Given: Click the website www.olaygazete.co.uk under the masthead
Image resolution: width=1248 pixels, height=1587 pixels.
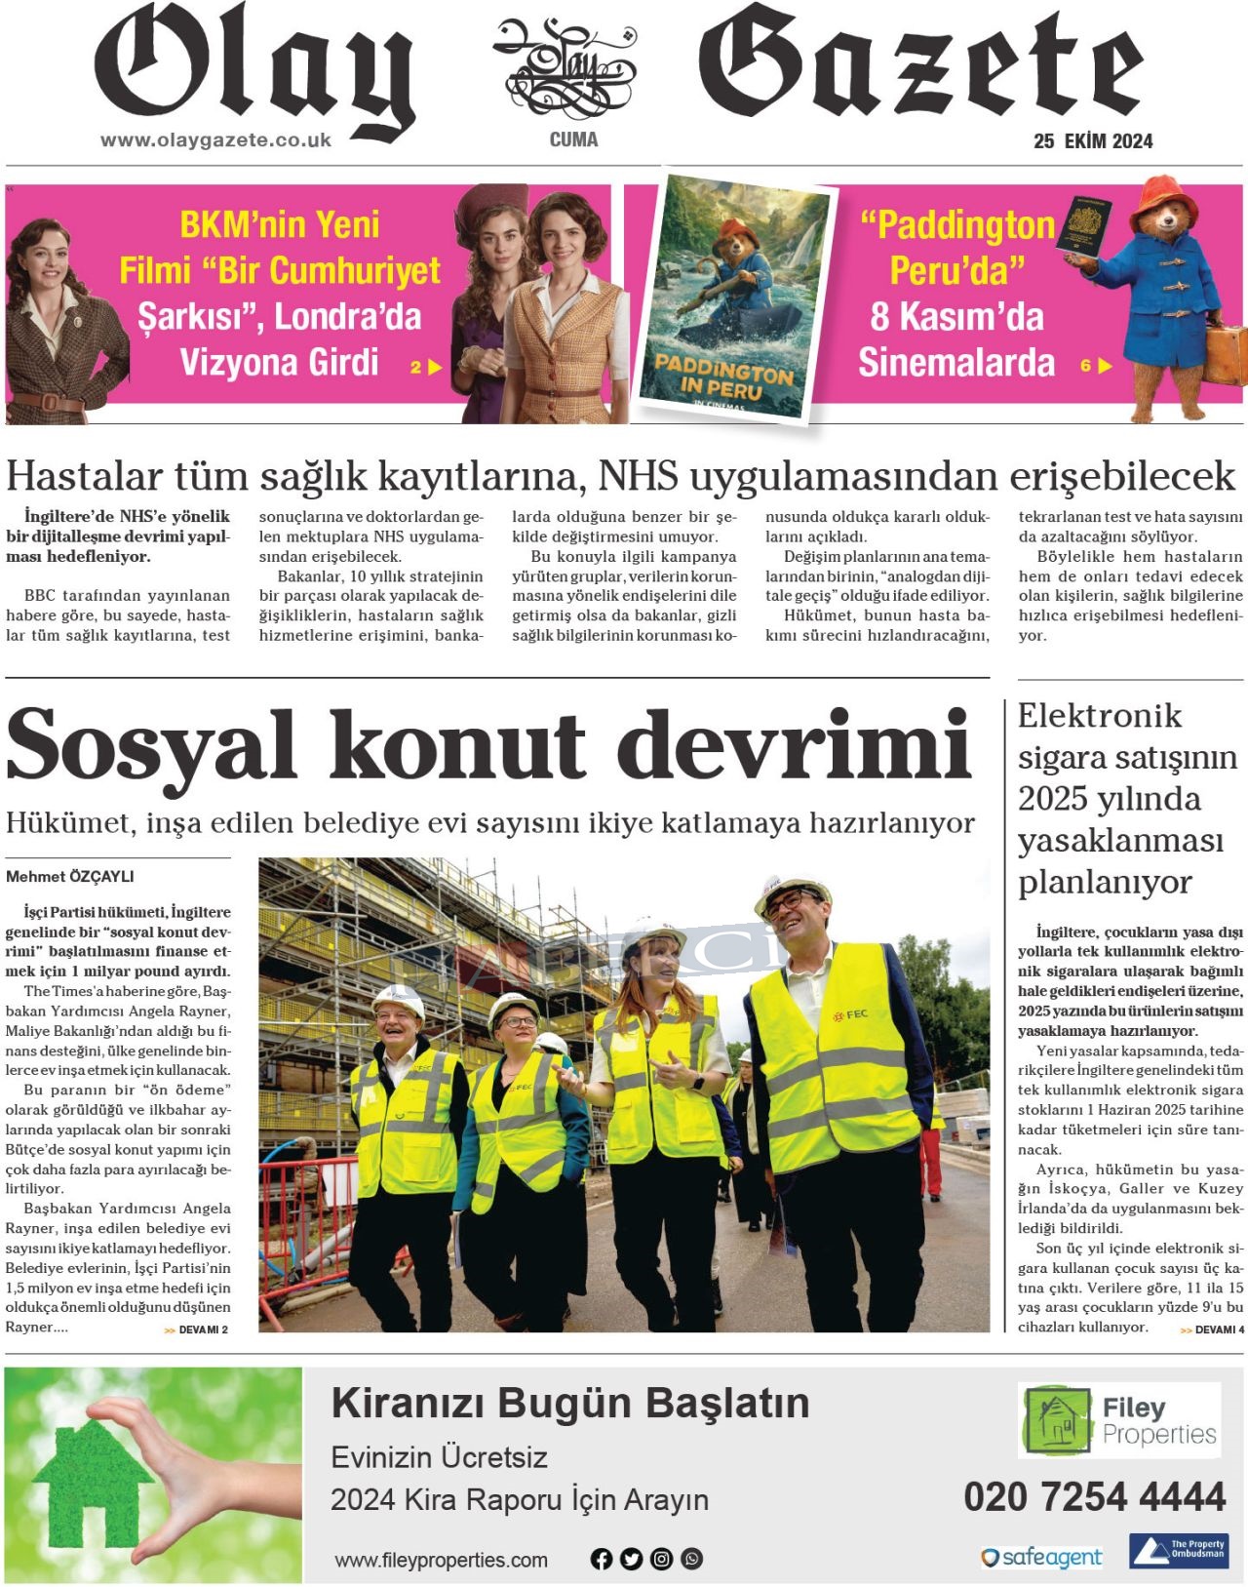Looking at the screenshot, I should point(215,140).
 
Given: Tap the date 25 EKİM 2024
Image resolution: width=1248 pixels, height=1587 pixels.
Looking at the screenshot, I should point(1093,141).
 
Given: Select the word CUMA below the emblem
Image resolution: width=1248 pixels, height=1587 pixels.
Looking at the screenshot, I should point(573,139).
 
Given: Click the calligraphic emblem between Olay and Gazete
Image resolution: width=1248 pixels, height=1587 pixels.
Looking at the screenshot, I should point(566,68).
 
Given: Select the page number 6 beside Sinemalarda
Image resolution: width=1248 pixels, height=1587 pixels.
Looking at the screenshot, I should point(1086,366).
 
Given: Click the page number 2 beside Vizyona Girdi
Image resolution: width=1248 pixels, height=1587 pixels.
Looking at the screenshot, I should point(416,367).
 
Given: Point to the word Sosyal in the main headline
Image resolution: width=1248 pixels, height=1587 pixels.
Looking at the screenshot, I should point(151,746).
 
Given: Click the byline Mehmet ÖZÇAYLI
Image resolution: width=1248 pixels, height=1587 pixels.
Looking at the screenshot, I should point(70,877).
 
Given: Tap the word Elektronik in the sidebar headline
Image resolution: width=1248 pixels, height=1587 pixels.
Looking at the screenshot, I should point(1100,716).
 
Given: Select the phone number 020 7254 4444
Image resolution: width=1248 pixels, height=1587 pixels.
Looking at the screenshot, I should point(1095,1497).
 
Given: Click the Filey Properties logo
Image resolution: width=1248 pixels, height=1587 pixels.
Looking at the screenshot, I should point(1118,1420).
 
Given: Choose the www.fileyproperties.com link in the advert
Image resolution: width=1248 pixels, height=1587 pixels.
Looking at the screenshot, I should point(441,1560).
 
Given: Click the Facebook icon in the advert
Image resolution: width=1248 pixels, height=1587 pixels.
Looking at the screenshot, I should point(602,1559).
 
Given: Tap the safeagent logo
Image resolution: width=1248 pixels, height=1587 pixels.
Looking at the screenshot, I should point(1042,1557).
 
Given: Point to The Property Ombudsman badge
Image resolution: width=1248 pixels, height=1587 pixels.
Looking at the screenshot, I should point(1178,1551).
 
